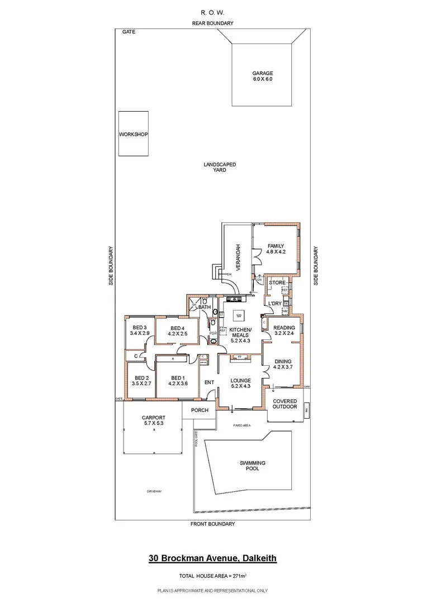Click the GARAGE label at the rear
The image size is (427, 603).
click(x=262, y=73)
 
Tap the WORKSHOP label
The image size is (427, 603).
click(x=133, y=135)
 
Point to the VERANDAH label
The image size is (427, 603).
click(x=237, y=257)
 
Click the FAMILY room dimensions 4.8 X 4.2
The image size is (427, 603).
click(x=276, y=252)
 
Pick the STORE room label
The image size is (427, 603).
click(x=277, y=283)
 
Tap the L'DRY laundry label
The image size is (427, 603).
click(x=276, y=303)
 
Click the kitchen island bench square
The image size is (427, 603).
click(x=239, y=314)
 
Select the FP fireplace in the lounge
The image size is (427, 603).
click(x=239, y=357)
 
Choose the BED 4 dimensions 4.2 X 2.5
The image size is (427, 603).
click(x=177, y=334)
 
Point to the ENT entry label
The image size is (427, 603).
click(x=209, y=382)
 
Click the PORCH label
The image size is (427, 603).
click(x=200, y=410)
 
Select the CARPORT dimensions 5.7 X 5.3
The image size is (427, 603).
click(x=153, y=424)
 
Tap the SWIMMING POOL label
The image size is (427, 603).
click(x=252, y=466)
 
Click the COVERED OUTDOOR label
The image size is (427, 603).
click(x=284, y=404)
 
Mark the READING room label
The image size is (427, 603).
click(x=283, y=327)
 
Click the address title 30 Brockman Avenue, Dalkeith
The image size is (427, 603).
click(x=212, y=558)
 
